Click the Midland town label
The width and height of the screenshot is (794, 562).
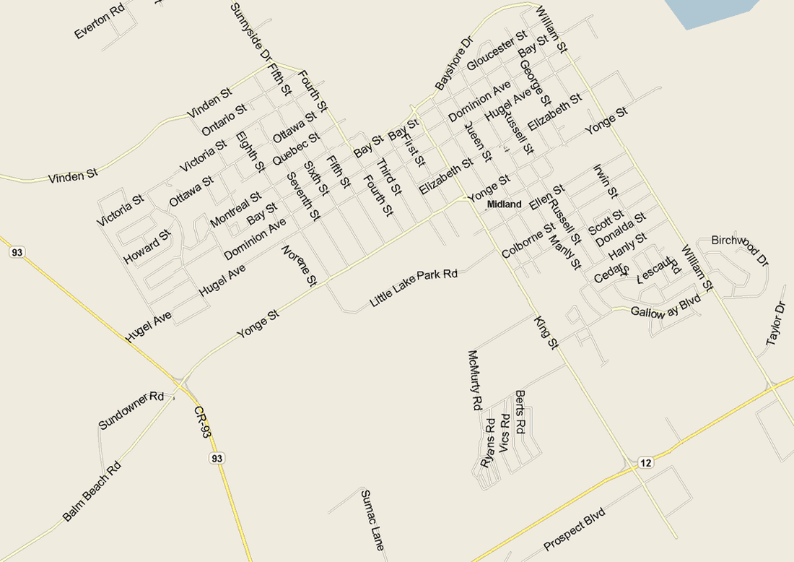point(504,204)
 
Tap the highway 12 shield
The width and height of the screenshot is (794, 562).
point(645,462)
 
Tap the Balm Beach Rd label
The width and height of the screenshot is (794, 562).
point(90,493)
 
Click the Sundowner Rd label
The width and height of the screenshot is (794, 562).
point(132,410)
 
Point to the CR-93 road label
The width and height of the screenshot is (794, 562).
point(203,423)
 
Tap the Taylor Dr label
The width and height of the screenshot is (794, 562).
point(775,325)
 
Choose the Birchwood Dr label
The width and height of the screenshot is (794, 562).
point(740,248)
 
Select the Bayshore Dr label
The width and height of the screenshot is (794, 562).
point(453,64)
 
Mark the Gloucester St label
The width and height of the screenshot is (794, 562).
point(497,51)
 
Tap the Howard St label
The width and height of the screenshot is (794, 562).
point(147,247)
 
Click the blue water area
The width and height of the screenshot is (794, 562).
point(715,11)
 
